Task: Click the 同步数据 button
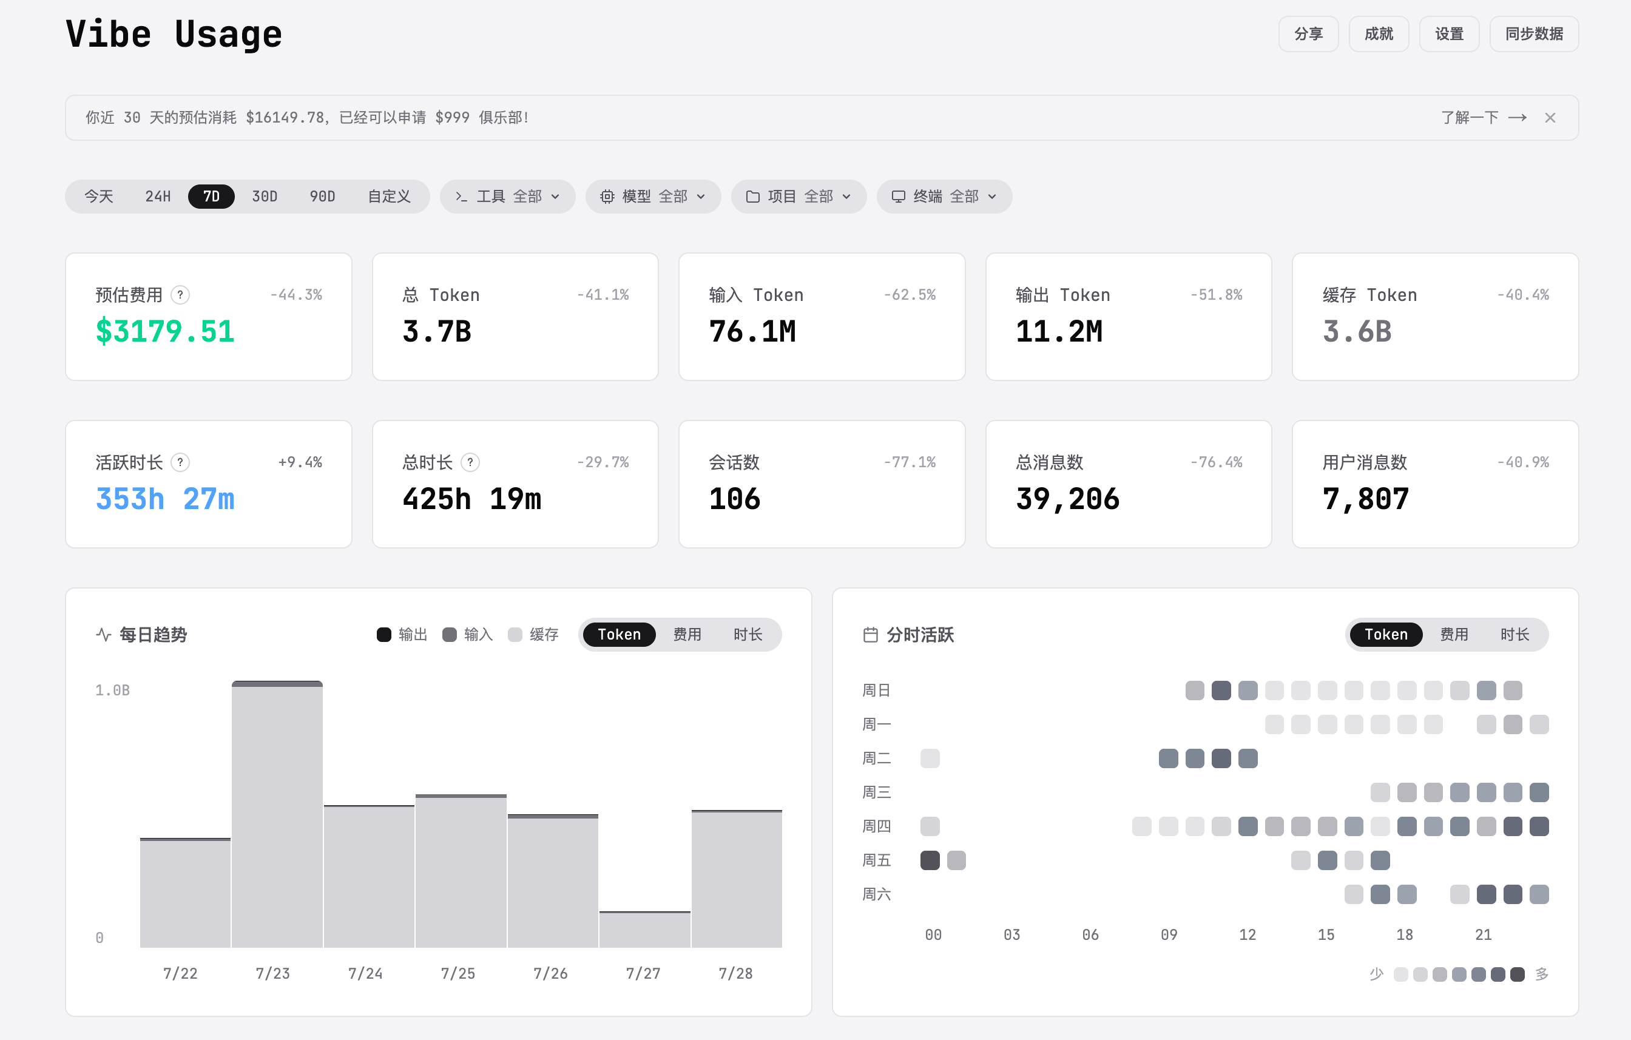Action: pos(1533,34)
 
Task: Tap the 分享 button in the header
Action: pos(1308,34)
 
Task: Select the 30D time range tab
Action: pos(264,197)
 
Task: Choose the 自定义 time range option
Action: pos(389,197)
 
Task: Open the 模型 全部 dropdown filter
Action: pos(653,197)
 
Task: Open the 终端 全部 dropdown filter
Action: pos(944,197)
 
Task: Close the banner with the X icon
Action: pos(1550,118)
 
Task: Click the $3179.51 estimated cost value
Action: pos(164,331)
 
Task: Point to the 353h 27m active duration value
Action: pos(164,499)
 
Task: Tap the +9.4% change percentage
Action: pos(300,462)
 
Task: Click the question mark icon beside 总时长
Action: pos(470,462)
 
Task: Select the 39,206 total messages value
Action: pos(1067,499)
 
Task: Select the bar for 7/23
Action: pos(277,814)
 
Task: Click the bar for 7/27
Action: pos(645,929)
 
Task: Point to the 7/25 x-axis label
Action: pos(458,974)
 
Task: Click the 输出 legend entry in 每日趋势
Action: pos(402,635)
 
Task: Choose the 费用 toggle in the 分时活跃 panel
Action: pos(1454,635)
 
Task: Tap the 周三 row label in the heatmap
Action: pos(876,792)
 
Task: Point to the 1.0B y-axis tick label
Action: pos(112,691)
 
